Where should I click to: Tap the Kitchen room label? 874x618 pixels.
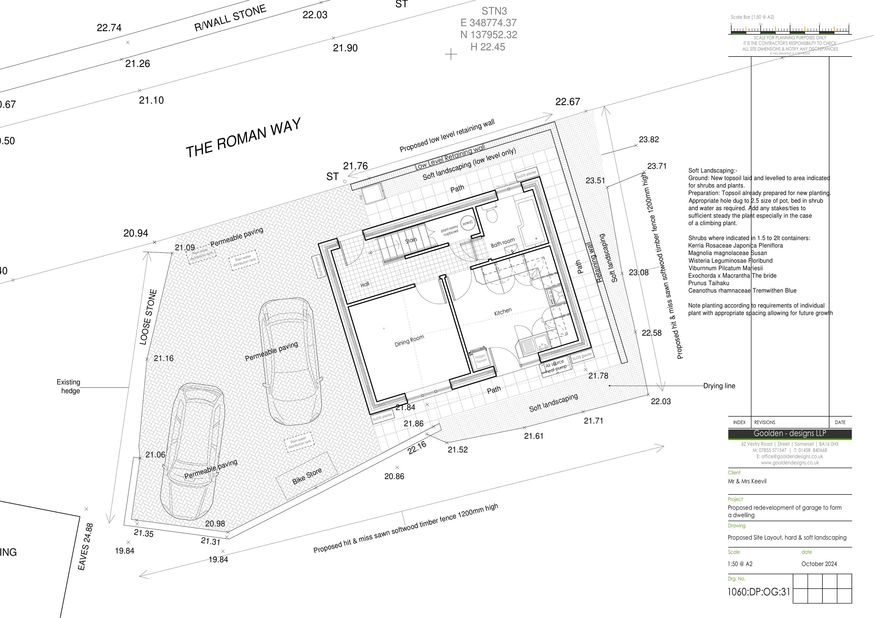[x=503, y=312]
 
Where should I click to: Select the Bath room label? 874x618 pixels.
[x=503, y=242]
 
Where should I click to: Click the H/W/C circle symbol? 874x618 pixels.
[x=468, y=223]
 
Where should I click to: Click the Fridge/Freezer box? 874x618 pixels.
[x=480, y=358]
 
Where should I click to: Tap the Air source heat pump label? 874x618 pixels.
[x=556, y=367]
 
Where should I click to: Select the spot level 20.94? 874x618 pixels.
[x=135, y=233]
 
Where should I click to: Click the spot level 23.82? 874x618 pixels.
[x=649, y=139]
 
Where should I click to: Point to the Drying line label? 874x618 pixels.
[x=719, y=386]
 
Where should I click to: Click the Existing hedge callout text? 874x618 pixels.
[x=69, y=386]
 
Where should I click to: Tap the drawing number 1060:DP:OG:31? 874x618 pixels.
[x=759, y=592]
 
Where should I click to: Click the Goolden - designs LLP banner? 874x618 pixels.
[x=790, y=433]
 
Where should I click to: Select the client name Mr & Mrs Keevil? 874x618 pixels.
[x=747, y=481]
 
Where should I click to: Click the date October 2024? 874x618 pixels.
[x=819, y=564]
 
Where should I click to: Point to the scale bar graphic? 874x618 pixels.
[x=790, y=30]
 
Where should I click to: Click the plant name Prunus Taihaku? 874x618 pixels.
[x=709, y=283]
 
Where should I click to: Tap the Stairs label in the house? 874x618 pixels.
[x=411, y=240]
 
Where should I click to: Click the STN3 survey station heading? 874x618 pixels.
[x=494, y=11]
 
